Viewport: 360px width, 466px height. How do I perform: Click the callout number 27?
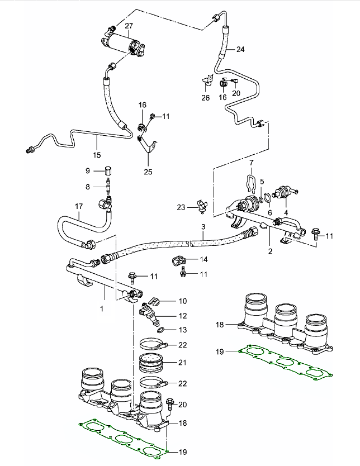point(129,26)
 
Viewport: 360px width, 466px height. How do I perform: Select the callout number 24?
point(241,49)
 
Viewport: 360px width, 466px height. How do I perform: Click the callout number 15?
point(97,155)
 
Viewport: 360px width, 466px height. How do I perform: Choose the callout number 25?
point(148,172)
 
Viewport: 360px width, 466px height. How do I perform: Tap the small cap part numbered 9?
point(108,170)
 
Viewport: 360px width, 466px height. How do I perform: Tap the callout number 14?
point(188,260)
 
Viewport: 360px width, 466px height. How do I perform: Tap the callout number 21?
point(183,363)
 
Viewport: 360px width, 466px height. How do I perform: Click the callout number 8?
point(88,187)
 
